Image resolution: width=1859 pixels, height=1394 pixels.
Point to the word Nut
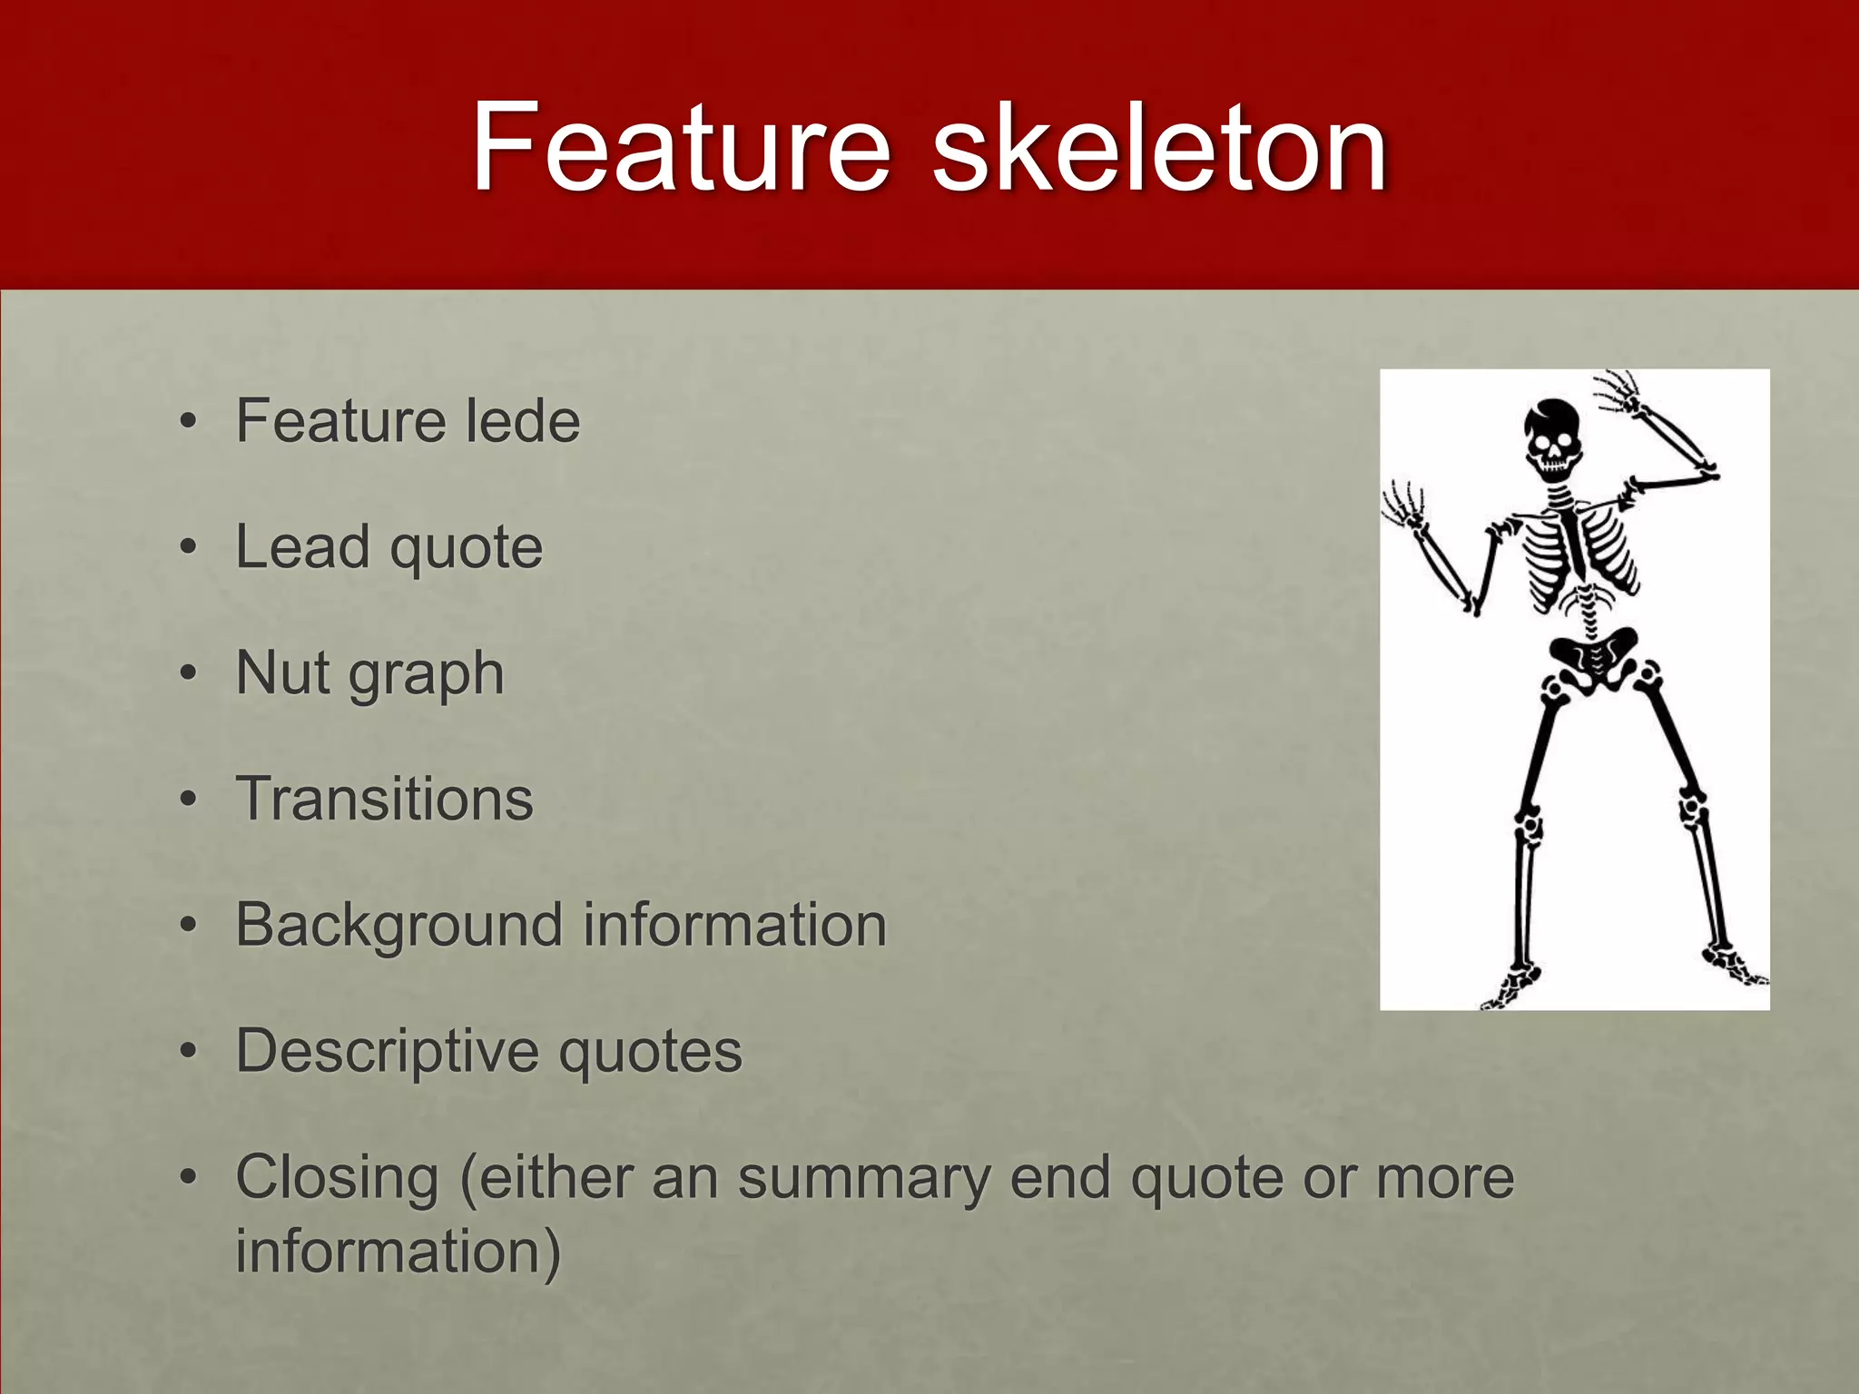click(281, 672)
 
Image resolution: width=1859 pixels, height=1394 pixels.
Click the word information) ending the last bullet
click(398, 1251)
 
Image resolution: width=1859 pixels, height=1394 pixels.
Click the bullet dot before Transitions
click(188, 800)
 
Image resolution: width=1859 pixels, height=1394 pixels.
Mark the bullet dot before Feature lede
click(188, 422)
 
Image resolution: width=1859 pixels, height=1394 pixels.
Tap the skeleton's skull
click(1552, 436)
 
